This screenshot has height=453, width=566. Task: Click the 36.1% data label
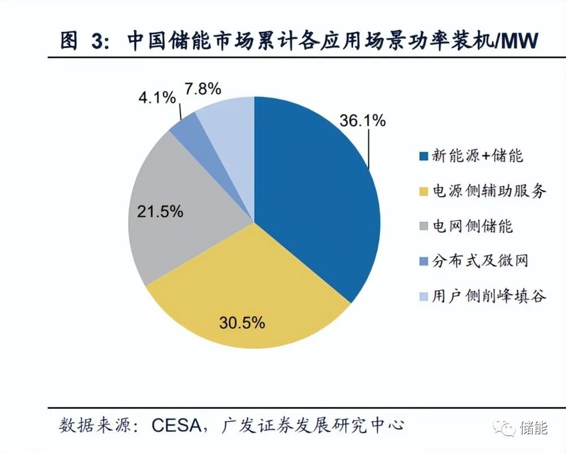(x=362, y=121)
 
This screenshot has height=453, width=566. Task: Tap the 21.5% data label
(x=160, y=212)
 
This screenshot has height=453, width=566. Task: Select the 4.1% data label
(x=156, y=98)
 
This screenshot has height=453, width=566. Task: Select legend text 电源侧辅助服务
(x=489, y=191)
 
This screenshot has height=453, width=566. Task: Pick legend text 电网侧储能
(x=472, y=226)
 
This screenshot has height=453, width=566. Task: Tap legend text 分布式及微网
(x=480, y=261)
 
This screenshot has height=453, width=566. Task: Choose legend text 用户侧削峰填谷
(x=489, y=296)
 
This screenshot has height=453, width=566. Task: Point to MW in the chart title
(x=520, y=41)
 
